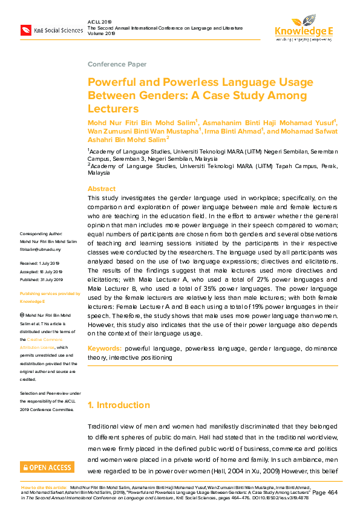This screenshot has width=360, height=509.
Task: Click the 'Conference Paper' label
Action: tap(117, 64)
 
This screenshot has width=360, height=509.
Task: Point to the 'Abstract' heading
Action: tap(102, 189)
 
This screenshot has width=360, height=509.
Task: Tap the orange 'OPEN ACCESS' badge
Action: tap(47, 467)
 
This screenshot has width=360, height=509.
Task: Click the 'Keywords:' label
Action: tap(105, 349)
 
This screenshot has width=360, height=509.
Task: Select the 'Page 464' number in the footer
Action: tap(328, 493)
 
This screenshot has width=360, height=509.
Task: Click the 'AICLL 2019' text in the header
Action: tap(100, 21)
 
